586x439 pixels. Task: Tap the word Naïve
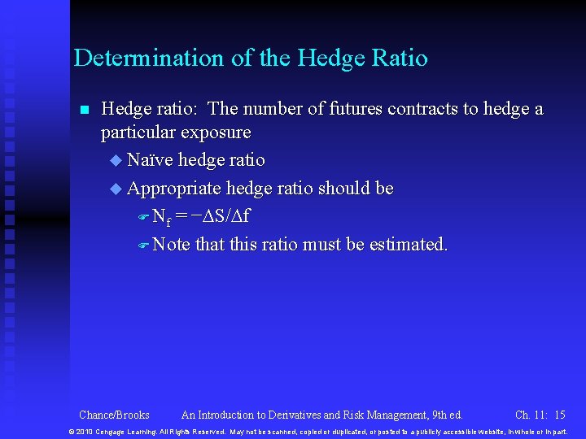150,160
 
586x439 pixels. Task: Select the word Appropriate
174,189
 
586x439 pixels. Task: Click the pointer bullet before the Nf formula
142,218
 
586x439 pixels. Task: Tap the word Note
171,244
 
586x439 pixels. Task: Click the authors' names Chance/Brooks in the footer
114,415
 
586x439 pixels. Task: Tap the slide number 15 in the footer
559,415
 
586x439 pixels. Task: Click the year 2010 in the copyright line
85,431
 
